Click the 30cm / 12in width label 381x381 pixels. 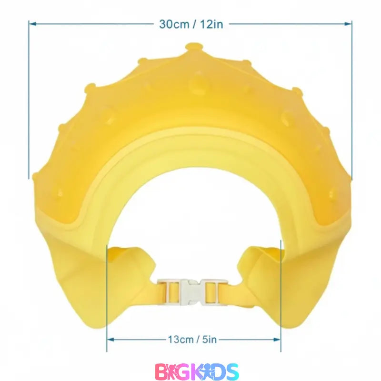click(x=190, y=24)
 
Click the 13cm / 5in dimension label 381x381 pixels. click(x=192, y=340)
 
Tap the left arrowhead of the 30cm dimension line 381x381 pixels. click(x=32, y=23)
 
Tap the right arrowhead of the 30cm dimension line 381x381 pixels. click(x=349, y=23)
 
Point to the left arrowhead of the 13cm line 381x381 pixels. click(x=110, y=340)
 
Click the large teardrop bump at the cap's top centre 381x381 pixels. click(x=197, y=84)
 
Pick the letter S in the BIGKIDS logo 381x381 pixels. click(x=231, y=371)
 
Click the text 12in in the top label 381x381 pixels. click(x=211, y=24)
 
